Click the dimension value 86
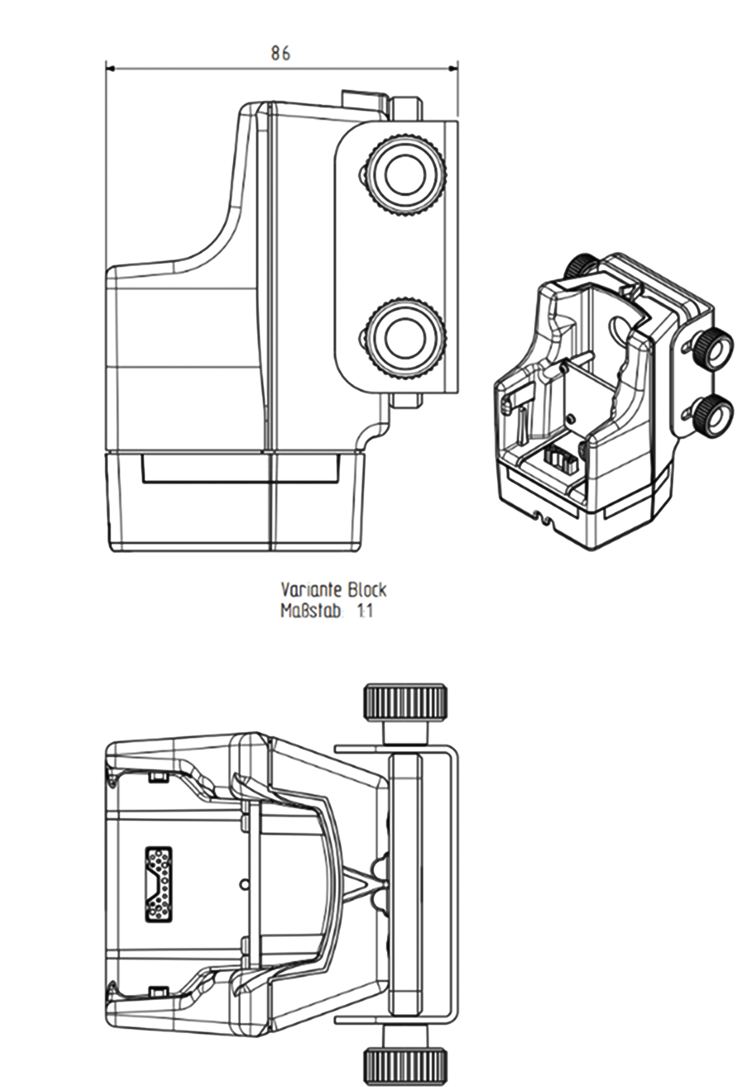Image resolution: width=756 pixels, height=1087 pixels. [280, 53]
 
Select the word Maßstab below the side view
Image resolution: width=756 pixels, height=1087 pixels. [310, 611]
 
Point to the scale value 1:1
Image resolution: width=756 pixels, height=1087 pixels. [364, 611]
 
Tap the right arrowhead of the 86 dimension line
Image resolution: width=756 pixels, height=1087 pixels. [454, 69]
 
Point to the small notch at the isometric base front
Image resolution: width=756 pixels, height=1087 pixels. [545, 518]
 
